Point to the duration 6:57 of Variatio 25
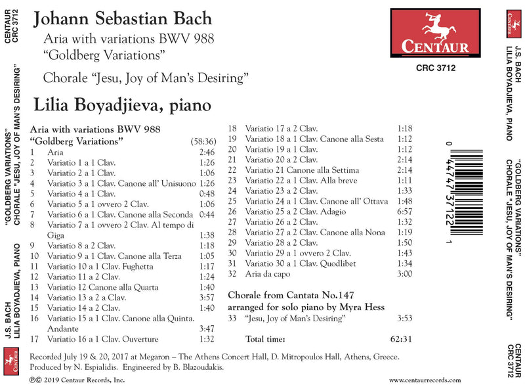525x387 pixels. click(405, 212)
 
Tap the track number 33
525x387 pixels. click(232, 318)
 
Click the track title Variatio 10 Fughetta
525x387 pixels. click(100, 267)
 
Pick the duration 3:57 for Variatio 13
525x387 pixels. click(205, 298)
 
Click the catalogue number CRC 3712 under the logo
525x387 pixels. click(436, 66)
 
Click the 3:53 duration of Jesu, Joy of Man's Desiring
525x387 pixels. click(405, 318)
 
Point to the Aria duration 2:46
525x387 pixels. click(205, 152)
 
